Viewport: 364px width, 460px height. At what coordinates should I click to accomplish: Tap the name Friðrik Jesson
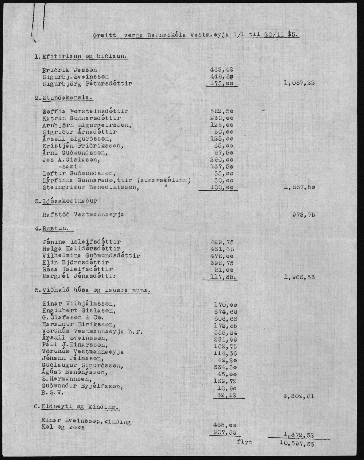pyautogui.click(x=70, y=70)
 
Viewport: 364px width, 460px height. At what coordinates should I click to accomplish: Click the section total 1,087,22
pyautogui.click(x=299, y=83)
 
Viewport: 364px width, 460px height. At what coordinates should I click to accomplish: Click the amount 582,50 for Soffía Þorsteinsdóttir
pyautogui.click(x=221, y=111)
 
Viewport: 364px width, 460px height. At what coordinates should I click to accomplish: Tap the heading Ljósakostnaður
pyautogui.click(x=70, y=201)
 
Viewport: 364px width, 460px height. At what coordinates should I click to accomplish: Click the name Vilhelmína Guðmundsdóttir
pyautogui.click(x=91, y=256)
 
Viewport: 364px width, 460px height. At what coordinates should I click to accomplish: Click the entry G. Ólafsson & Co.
pyautogui.click(x=73, y=318)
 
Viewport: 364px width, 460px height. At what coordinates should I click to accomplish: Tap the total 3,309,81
pyautogui.click(x=299, y=396)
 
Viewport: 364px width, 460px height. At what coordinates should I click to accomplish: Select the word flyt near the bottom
pyautogui.click(x=244, y=442)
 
